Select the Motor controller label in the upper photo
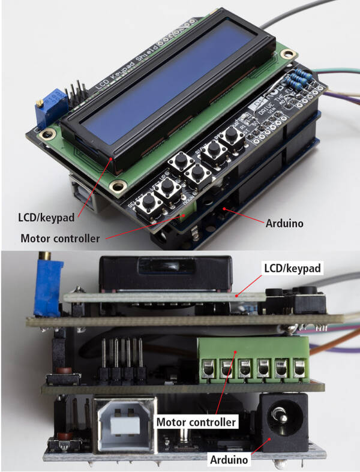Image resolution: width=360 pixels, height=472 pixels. coord(60,238)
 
